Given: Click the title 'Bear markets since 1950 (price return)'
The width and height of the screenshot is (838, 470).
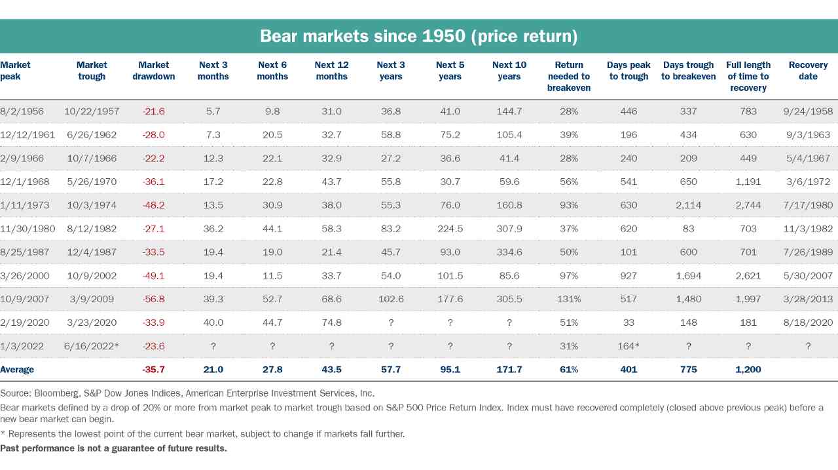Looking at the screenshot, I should click(x=418, y=36).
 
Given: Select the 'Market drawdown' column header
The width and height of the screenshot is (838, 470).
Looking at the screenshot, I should click(x=154, y=71).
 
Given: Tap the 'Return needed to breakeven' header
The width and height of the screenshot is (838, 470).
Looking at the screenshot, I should click(x=569, y=76).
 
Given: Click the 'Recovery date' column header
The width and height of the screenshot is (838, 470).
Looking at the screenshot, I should click(x=808, y=71).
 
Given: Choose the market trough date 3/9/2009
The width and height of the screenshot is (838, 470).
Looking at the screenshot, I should click(x=92, y=299).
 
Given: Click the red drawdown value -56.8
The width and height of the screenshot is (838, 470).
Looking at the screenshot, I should click(x=154, y=299).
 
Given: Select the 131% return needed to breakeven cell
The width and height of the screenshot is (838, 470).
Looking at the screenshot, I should click(x=569, y=299).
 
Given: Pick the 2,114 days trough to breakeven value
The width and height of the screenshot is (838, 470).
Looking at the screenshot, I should click(x=688, y=205).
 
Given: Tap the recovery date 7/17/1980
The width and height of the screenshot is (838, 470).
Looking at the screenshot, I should click(x=808, y=205).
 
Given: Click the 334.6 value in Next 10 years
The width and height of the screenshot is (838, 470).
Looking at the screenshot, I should click(x=509, y=252).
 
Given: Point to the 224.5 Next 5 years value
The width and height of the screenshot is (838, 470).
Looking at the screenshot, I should click(x=450, y=229).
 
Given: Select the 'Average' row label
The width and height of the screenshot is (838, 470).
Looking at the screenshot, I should click(x=17, y=370).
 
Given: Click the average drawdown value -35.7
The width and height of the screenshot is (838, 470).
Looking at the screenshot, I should click(x=154, y=370).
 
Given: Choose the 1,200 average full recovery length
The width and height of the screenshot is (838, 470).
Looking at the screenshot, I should click(x=748, y=370).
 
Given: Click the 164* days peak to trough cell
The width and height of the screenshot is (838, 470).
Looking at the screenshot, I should click(x=629, y=346).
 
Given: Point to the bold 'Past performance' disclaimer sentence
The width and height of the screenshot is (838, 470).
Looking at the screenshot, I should click(x=113, y=448).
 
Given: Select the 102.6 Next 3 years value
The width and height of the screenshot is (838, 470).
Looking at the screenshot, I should click(x=391, y=299).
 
